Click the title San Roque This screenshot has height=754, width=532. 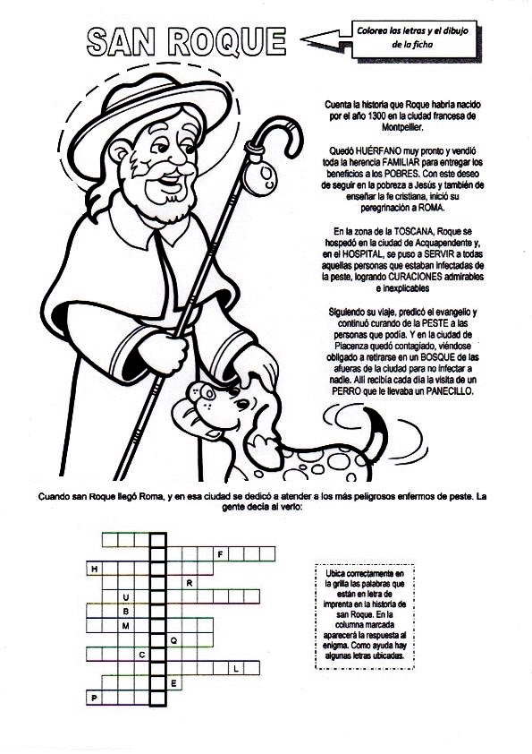[x=188, y=41]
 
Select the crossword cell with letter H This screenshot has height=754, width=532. [x=93, y=569]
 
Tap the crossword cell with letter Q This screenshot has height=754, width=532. [x=173, y=640]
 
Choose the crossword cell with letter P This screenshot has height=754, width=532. [x=93, y=697]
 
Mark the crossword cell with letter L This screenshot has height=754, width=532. [x=235, y=668]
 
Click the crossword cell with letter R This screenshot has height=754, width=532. [x=190, y=583]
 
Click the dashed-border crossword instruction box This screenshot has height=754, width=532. [x=366, y=615]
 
